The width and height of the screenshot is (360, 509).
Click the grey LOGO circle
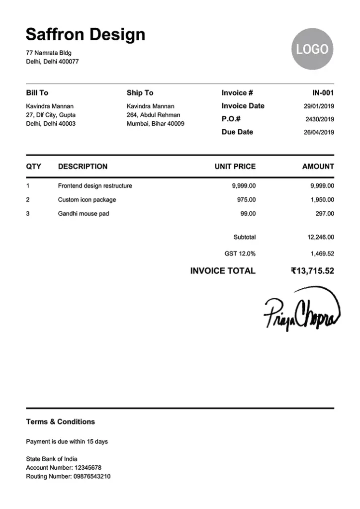pyautogui.click(x=312, y=49)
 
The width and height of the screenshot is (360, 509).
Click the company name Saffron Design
pyautogui.click(x=86, y=34)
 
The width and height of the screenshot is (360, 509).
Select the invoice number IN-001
pyautogui.click(x=323, y=93)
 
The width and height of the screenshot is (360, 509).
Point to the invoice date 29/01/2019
pyautogui.click(x=319, y=106)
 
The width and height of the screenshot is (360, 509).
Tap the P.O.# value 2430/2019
pyautogui.click(x=319, y=119)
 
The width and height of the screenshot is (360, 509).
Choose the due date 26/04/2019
pyautogui.click(x=319, y=132)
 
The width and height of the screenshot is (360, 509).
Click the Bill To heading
pyautogui.click(x=37, y=93)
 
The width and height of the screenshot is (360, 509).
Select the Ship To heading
pyautogui.click(x=140, y=93)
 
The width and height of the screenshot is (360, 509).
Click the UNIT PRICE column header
pyautogui.click(x=235, y=167)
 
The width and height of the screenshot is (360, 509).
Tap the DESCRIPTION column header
pyautogui.click(x=83, y=167)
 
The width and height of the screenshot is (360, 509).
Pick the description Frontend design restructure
pyautogui.click(x=95, y=186)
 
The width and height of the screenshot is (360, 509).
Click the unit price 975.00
pyautogui.click(x=246, y=200)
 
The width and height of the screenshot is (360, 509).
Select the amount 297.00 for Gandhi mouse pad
pyautogui.click(x=324, y=214)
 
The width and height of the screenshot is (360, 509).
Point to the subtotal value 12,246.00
pyautogui.click(x=321, y=238)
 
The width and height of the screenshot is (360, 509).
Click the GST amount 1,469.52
pyautogui.click(x=322, y=254)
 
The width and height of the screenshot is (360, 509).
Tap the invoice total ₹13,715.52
pyautogui.click(x=312, y=271)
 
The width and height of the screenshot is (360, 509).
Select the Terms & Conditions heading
pyautogui.click(x=60, y=422)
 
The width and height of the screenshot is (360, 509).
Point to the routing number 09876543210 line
pyautogui.click(x=68, y=477)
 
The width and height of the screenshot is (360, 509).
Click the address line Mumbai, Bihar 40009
pyautogui.click(x=155, y=124)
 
